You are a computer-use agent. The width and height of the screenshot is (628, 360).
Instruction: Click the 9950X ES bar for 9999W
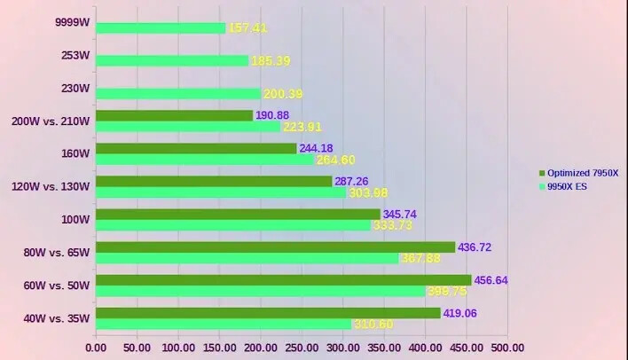pyautogui.click(x=161, y=27)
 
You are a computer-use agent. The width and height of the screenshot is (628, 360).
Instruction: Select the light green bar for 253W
pyautogui.click(x=172, y=60)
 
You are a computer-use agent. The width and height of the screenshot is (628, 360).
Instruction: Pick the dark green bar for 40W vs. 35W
pyautogui.click(x=268, y=313)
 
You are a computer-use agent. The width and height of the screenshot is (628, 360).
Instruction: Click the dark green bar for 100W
pyautogui.click(x=238, y=215)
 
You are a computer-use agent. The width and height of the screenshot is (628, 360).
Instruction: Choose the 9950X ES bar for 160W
pyautogui.click(x=205, y=160)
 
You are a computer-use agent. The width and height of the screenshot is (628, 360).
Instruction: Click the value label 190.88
pyautogui.click(x=273, y=115)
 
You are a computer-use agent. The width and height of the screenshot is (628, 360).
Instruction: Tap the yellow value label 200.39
pyautogui.click(x=283, y=93)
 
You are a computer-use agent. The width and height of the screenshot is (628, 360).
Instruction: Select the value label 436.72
pyautogui.click(x=475, y=247)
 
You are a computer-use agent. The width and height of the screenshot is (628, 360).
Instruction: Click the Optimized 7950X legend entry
pyautogui.click(x=580, y=173)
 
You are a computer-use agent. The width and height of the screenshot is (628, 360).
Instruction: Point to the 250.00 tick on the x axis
pyautogui.click(x=302, y=348)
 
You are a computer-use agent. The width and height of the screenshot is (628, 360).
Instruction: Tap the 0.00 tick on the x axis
pyautogui.click(x=95, y=348)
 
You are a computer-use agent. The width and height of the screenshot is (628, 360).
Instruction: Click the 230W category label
pyautogui.click(x=75, y=89)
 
